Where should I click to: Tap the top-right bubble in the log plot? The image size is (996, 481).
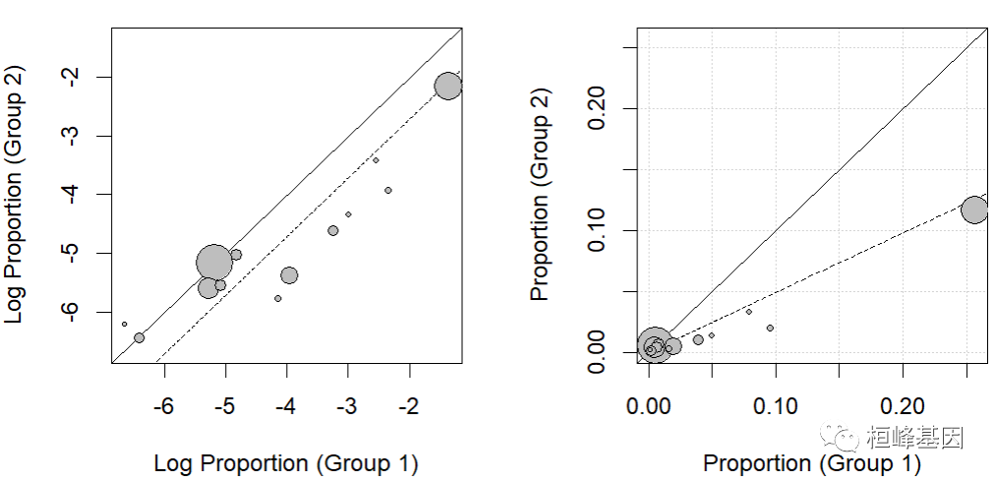pos(448,86)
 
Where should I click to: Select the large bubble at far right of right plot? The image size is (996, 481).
pos(974,210)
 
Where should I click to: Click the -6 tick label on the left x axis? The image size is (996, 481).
pos(163,406)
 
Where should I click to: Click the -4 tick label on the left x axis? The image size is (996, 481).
pos(286,406)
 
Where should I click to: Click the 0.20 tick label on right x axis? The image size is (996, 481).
pos(903,406)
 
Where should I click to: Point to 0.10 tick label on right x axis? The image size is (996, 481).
pos(775,406)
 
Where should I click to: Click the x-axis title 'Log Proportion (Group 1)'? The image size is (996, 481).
pos(286,463)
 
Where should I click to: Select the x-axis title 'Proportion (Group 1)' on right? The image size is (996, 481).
pos(812,463)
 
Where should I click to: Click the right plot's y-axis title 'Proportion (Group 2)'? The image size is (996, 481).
pos(540,195)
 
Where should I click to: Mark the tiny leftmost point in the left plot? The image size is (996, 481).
pos(124,324)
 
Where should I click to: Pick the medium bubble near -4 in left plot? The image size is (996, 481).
pos(289,275)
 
